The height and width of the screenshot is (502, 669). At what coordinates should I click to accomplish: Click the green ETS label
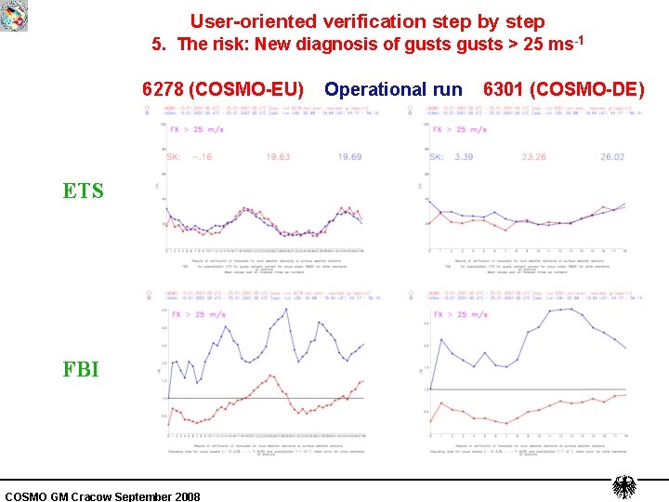(83, 192)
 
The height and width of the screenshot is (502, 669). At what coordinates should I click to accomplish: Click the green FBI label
(81, 369)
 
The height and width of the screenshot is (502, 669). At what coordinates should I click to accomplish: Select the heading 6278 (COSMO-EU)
(222, 89)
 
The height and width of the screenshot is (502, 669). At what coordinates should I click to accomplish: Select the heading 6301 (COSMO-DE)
(563, 89)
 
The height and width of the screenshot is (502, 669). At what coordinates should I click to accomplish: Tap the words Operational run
(393, 89)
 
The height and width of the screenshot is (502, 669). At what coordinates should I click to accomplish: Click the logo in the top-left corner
(14, 15)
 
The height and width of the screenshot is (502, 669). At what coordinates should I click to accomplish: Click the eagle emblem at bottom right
(624, 487)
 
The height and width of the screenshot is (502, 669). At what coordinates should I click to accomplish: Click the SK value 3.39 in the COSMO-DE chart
(465, 157)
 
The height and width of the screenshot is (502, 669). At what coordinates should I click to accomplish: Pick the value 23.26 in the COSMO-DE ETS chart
(533, 157)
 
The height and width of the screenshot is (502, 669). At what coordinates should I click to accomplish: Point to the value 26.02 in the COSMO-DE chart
(612, 157)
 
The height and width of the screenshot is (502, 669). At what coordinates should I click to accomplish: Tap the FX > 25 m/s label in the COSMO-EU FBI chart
(198, 314)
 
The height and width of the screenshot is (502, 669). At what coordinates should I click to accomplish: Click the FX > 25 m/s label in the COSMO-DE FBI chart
(459, 314)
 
